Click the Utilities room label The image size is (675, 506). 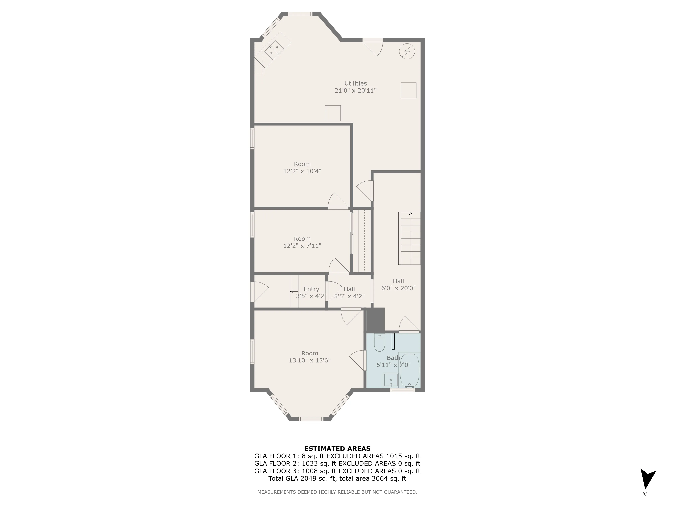pyautogui.click(x=356, y=83)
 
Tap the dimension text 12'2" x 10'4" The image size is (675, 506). pyautogui.click(x=302, y=171)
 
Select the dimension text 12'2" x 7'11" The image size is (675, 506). pyautogui.click(x=302, y=246)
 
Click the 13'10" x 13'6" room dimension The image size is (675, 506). pyautogui.click(x=309, y=360)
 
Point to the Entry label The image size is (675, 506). pyautogui.click(x=311, y=289)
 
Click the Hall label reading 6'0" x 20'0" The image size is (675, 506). pyautogui.click(x=398, y=285)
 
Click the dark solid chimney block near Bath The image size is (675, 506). pyautogui.click(x=375, y=320)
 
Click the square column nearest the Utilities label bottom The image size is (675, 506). pyautogui.click(x=333, y=113)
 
